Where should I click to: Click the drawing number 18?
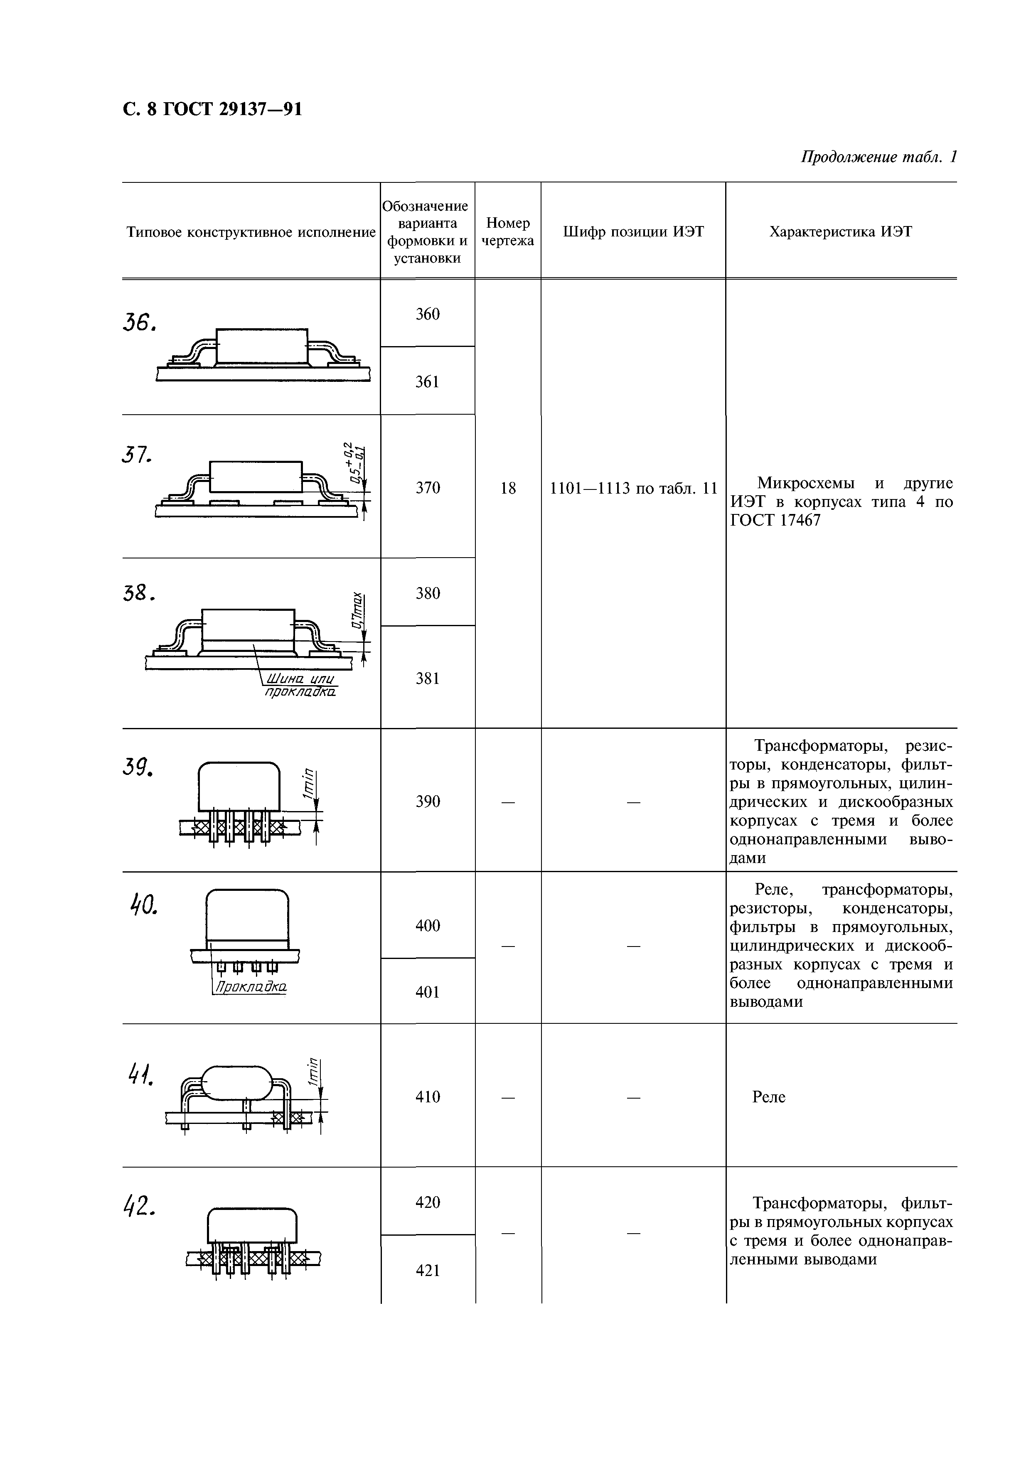(x=507, y=488)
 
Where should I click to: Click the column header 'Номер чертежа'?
(x=507, y=232)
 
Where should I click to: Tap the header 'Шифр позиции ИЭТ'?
(x=633, y=232)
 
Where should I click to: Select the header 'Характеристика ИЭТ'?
(x=840, y=232)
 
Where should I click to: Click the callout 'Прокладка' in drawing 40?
(x=250, y=988)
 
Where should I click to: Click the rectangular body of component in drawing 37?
(x=256, y=476)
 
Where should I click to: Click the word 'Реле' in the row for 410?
(x=769, y=1097)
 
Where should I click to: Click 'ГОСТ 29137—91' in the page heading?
(x=232, y=110)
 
